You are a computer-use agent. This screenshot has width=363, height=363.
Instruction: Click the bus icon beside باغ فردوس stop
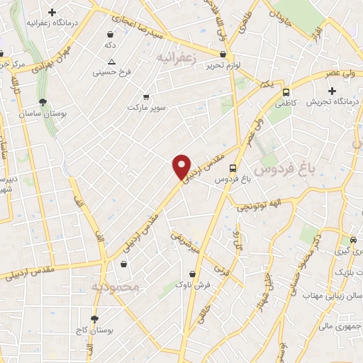234,167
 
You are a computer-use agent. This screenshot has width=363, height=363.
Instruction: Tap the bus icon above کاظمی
286,92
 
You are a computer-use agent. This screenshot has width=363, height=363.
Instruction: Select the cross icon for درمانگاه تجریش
332,91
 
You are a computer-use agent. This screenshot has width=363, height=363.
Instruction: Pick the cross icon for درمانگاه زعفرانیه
52,12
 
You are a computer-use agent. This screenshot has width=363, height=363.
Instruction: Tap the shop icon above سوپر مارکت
147,96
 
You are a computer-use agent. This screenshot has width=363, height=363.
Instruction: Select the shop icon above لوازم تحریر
223,54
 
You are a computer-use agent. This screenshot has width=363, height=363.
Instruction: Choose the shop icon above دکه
110,34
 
